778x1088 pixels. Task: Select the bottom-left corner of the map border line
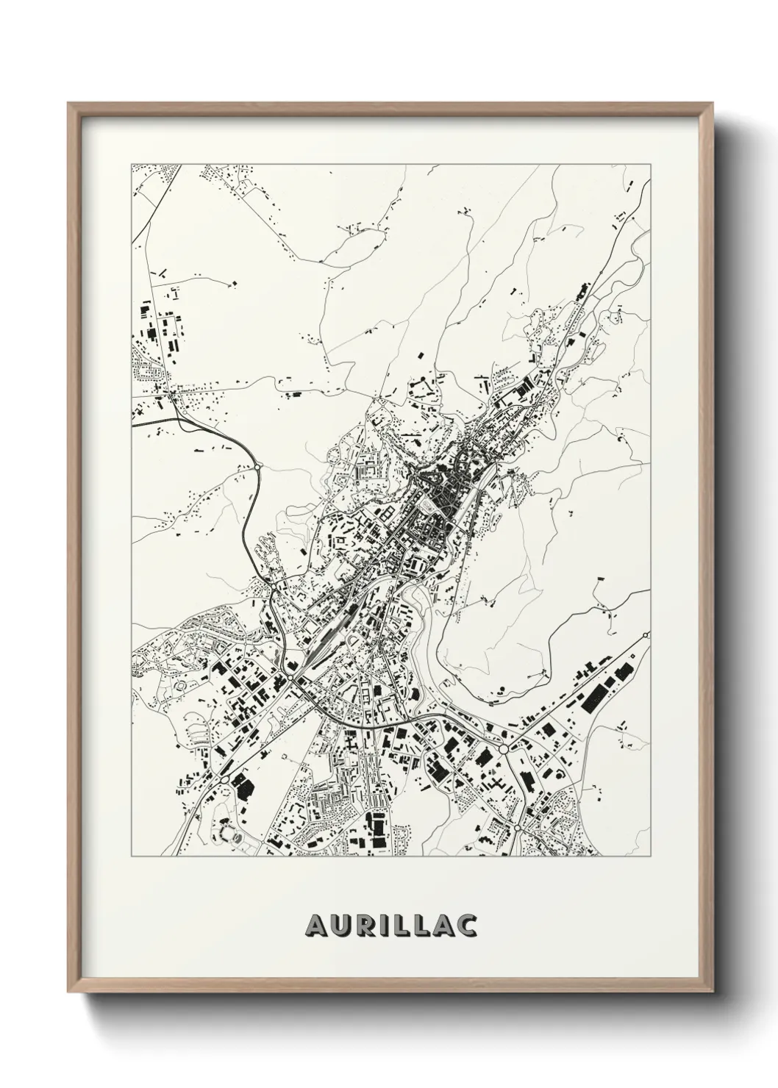pyautogui.click(x=132, y=856)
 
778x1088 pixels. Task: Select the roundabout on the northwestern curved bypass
pyautogui.click(x=259, y=464)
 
